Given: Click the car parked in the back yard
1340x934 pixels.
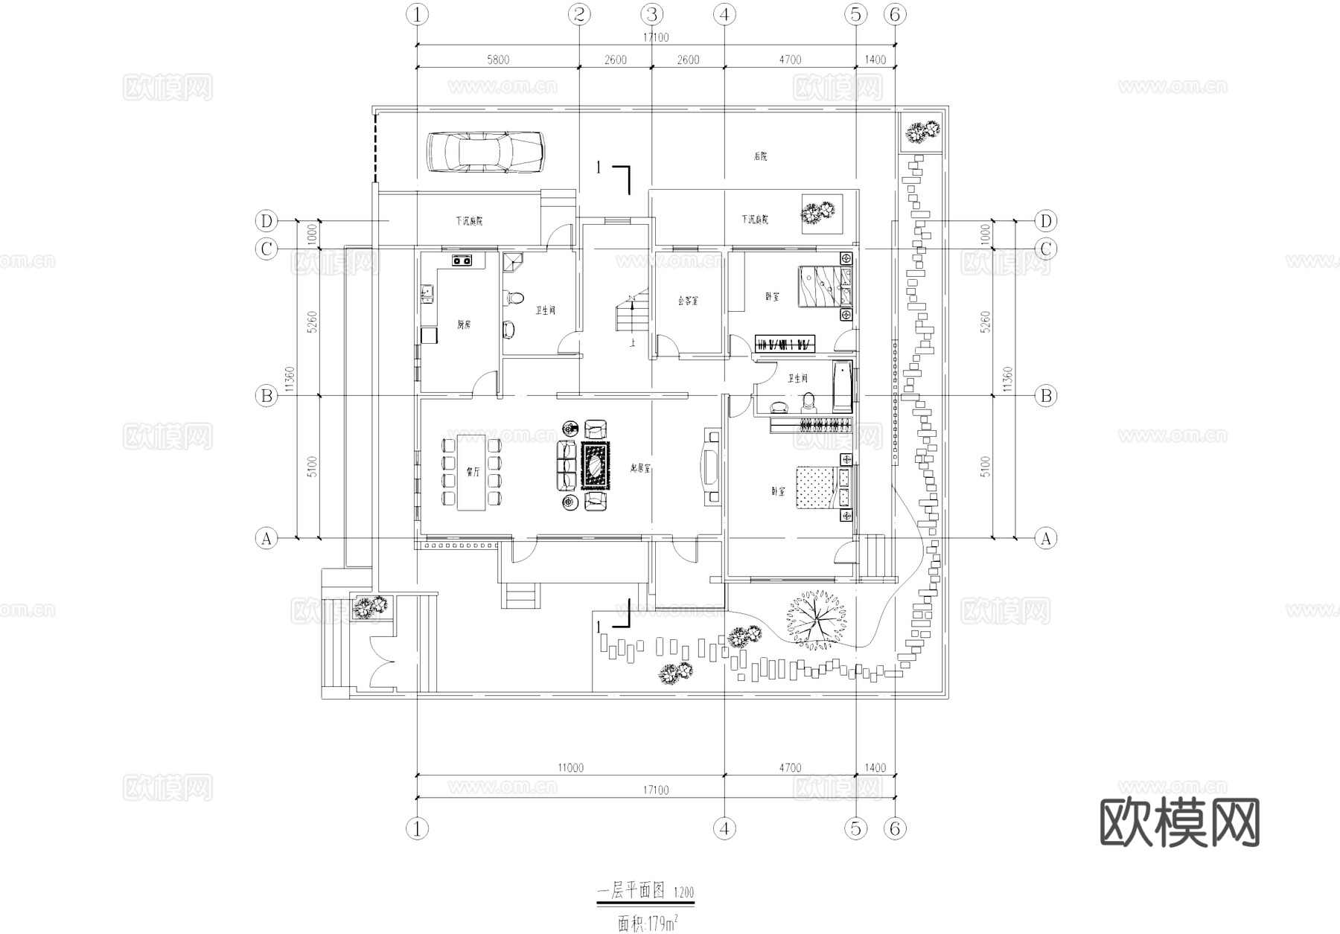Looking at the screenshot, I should pos(485,153).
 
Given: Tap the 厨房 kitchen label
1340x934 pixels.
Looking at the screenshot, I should pos(464,324).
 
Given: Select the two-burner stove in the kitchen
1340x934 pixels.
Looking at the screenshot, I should pos(462,260).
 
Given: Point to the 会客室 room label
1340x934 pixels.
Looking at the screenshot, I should pos(688,301).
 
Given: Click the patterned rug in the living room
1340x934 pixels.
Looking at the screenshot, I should pos(595,466).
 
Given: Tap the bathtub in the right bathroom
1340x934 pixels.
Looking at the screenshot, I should pos(842,386).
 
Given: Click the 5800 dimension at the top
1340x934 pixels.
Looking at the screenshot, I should pos(497,60).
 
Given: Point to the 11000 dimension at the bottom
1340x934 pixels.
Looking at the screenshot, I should pos(570,767).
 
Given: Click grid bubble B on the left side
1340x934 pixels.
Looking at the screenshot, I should pos(267,395).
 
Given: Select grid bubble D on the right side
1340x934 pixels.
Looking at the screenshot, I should pos(1046,221).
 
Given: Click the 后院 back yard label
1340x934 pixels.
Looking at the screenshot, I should pos(759,156).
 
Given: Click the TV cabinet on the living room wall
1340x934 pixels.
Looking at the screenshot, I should pos(711,467).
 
